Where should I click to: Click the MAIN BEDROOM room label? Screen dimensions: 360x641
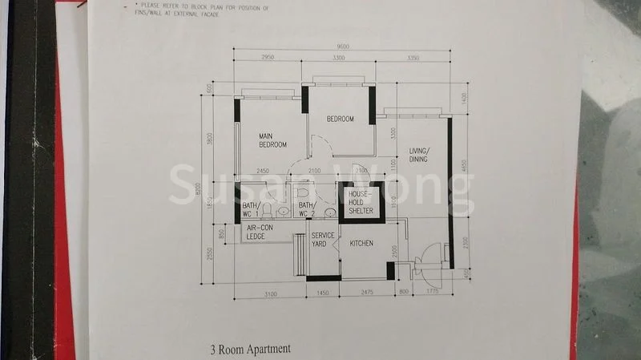point(272,140)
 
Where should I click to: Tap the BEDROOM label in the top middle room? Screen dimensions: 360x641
point(340,119)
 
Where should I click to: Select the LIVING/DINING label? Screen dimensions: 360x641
point(418,155)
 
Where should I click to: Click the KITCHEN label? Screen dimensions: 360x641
point(361,243)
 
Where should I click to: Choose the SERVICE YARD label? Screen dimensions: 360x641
point(325,239)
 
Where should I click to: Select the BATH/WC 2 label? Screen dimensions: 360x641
point(307,210)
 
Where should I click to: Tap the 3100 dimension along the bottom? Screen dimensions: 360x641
point(270,295)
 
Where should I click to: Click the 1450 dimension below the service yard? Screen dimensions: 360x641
point(323,295)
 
